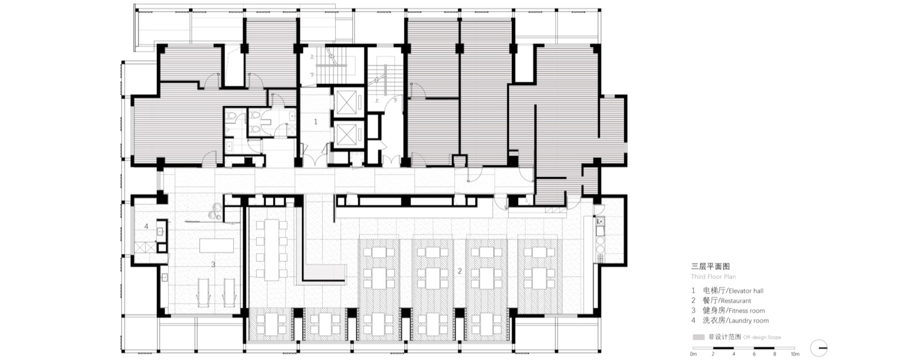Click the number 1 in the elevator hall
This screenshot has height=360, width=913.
click(315, 122)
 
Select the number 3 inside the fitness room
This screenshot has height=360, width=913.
click(213, 264)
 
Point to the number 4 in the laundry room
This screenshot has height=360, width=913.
click(146, 227)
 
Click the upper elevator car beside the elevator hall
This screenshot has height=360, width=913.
click(349, 102)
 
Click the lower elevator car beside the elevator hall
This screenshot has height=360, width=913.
click(349, 134)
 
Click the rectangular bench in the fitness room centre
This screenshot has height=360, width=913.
click(215, 246)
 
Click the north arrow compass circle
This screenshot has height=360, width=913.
click(819, 348)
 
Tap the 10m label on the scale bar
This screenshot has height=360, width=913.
click(794, 354)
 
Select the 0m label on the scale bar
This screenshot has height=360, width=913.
click(693, 354)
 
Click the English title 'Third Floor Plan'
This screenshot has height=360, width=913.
click(713, 277)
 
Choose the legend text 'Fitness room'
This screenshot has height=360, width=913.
click(746, 311)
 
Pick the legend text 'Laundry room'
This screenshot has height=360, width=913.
click(748, 321)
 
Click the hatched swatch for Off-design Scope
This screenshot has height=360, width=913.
click(699, 337)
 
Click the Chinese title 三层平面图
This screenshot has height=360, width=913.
click(710, 267)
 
